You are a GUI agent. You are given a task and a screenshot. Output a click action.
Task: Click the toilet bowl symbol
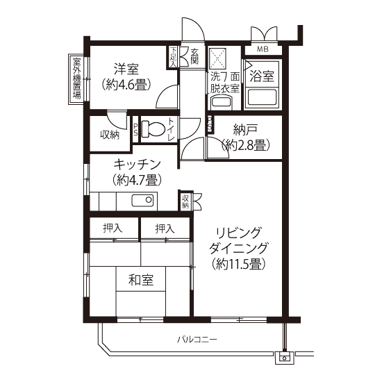pos(153,128)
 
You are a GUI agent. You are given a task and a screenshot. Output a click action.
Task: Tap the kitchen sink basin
pos(143,201)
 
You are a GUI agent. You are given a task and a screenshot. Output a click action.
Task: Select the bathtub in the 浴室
pos(262,98)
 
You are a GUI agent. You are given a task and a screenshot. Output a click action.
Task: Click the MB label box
pos(263,49)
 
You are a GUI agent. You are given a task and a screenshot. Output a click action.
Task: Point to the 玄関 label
pos(194,56)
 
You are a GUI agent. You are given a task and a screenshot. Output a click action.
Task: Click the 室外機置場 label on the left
pos(76,78)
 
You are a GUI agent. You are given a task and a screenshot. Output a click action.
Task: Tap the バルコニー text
pos(197,340)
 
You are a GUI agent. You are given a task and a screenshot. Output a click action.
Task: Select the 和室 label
pos(141,280)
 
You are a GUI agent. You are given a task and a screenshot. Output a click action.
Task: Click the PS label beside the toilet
pos(135,129)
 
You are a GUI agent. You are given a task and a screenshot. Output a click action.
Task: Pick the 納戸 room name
pos(245,130)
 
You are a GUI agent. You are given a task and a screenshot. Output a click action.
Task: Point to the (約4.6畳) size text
pos(126,85)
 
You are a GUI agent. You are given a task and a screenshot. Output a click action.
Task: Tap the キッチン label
pos(137,165)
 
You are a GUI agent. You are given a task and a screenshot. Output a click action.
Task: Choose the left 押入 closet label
pos(113,229)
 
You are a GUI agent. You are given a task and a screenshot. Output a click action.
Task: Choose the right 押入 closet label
pos(165,229)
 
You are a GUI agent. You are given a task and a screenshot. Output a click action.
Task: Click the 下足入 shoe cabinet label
pos(173,57)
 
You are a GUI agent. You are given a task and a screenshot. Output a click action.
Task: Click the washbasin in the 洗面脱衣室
pos(222,103)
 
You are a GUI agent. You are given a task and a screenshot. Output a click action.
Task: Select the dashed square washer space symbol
pos(218,58)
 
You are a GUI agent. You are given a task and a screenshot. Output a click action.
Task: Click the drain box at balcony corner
pos(284,358)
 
